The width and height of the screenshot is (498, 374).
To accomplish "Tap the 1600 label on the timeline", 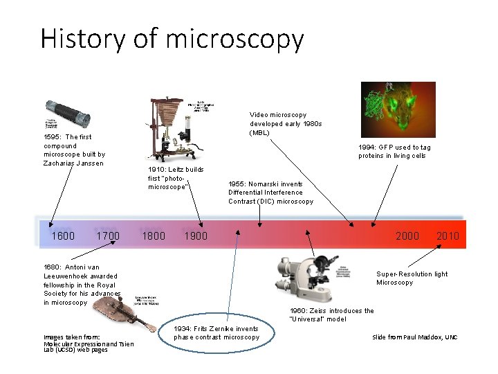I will click(x=64, y=236).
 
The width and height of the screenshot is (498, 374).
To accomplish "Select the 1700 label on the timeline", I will click(x=108, y=236).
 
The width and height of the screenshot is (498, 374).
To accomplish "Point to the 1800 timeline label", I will click(x=153, y=236).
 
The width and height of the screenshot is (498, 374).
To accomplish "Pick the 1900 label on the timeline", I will click(x=196, y=236).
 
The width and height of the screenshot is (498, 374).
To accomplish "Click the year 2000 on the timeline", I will click(x=407, y=236).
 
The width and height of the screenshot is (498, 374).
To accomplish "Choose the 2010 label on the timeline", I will click(x=448, y=236).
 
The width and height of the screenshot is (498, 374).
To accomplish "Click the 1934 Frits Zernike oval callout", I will click(x=216, y=333).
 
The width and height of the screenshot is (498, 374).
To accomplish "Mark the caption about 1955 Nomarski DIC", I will click(x=270, y=193).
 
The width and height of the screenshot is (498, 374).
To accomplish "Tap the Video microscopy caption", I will click(x=286, y=123).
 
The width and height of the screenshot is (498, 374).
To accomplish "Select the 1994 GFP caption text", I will click(x=394, y=151).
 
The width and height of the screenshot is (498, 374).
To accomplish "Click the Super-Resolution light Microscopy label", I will click(x=412, y=278).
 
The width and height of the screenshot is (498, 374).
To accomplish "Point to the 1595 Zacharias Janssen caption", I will click(x=74, y=150).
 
